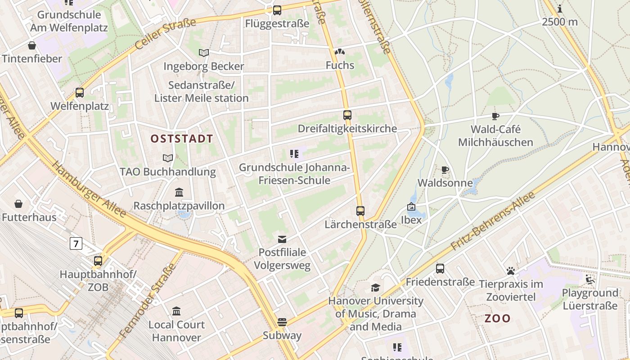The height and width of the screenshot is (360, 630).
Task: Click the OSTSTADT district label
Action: [x=181, y=139]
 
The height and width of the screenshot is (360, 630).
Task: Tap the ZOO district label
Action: [x=497, y=319]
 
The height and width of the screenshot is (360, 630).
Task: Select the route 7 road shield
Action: [x=76, y=244]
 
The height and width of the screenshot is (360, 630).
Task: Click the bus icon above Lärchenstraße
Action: [x=360, y=211]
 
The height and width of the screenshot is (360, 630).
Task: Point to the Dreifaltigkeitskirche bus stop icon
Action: [x=347, y=115]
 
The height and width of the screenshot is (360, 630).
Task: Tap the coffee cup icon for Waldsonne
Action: [x=445, y=170]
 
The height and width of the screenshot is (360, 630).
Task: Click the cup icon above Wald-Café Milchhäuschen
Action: [x=495, y=117]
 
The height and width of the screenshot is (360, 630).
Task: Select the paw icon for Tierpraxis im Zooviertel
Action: [x=510, y=271]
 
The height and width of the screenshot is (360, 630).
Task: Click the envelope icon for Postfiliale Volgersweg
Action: [x=282, y=239]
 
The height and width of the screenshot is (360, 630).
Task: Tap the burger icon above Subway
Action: [x=282, y=322]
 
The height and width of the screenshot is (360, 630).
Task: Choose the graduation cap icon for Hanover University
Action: [x=375, y=288]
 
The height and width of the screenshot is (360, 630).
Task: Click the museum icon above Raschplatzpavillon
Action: [x=179, y=193]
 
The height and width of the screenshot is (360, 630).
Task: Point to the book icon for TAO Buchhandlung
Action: [x=167, y=158]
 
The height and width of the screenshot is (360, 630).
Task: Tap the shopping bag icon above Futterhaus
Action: [x=18, y=204]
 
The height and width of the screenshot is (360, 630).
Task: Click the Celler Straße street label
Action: [x=166, y=34]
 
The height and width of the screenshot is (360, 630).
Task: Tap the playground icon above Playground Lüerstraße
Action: [x=589, y=279]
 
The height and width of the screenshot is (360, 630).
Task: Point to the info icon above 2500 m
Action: [x=559, y=9]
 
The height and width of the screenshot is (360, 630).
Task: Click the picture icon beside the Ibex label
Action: [x=411, y=207]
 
